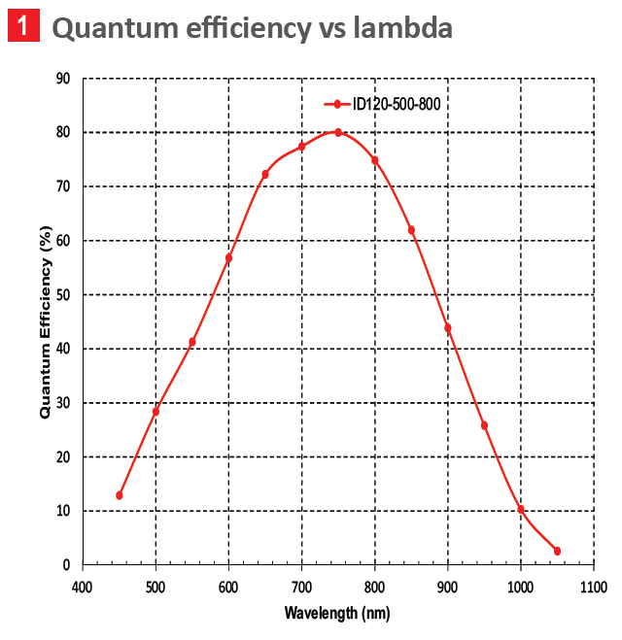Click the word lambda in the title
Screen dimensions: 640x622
(x=402, y=27)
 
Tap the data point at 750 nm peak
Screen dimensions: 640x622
(x=338, y=132)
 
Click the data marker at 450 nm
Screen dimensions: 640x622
(x=120, y=495)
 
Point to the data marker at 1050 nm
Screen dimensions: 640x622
(x=557, y=551)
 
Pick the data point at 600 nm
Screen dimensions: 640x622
(x=228, y=258)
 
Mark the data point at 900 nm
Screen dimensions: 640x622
(x=448, y=327)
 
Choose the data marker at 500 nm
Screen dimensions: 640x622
(x=155, y=412)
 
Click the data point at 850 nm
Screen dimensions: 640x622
(x=411, y=230)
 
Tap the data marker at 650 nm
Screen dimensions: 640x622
(x=265, y=175)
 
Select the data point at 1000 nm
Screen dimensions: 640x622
(x=521, y=509)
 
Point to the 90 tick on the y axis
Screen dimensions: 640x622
(x=63, y=79)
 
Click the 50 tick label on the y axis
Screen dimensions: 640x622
(x=63, y=294)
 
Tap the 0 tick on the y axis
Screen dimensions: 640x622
(x=66, y=565)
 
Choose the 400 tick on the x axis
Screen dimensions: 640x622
(x=83, y=587)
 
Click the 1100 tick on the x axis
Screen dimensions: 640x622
(x=594, y=587)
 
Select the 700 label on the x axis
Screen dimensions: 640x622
(x=301, y=587)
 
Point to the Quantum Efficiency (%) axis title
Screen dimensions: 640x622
(x=45, y=321)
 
